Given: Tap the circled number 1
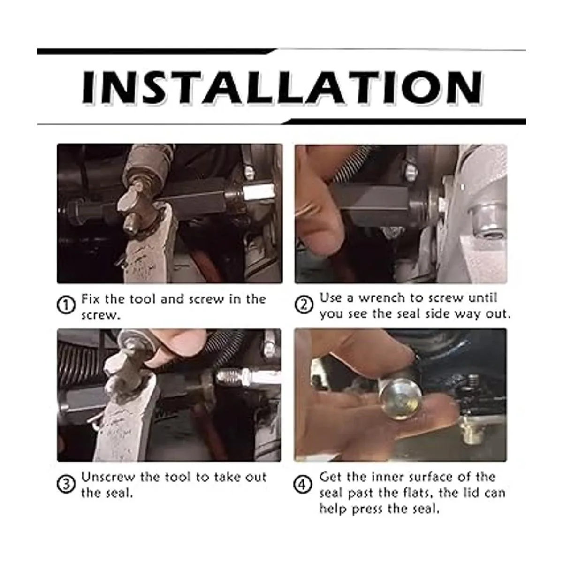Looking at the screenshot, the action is pos(66,305).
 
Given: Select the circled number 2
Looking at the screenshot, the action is pos(304,305).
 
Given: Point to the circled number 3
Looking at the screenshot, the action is pos(66,484).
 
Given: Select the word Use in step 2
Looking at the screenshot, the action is pos(330,298).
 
